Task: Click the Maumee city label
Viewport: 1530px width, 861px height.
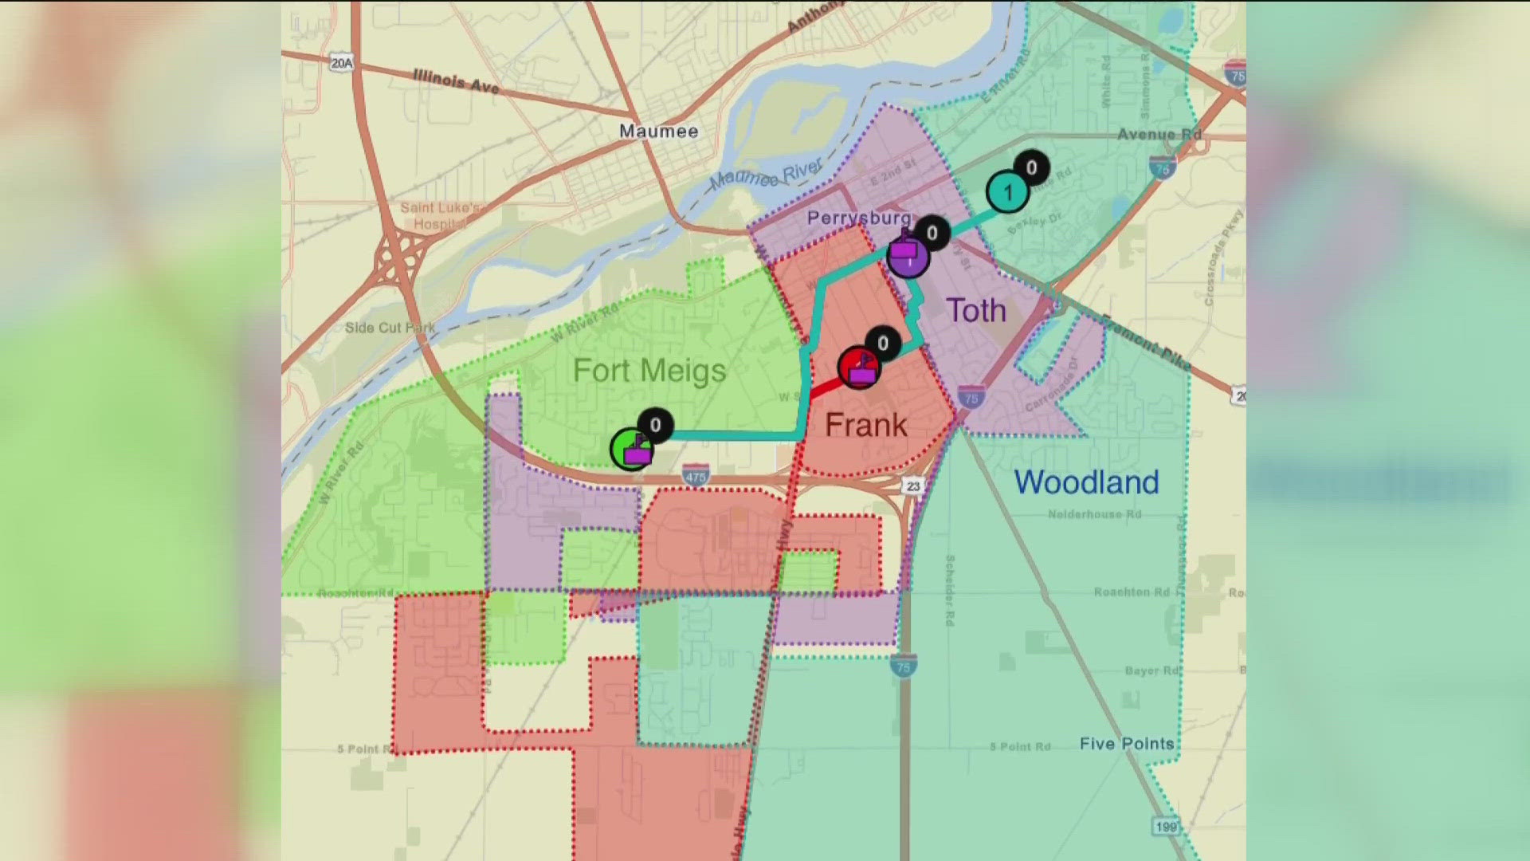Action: (658, 132)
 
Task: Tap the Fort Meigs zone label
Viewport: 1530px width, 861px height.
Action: (649, 371)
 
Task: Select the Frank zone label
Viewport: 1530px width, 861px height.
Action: (866, 425)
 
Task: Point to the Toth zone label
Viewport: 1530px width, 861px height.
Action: (976, 310)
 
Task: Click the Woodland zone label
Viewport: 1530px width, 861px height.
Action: (1086, 482)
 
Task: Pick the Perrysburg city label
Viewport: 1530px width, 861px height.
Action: (858, 218)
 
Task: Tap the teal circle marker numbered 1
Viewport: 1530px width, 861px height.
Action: (1007, 192)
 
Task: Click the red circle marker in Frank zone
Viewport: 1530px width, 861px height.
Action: (858, 368)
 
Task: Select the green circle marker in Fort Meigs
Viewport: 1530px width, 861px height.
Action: (631, 450)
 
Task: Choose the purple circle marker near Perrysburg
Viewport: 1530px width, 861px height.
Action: (908, 257)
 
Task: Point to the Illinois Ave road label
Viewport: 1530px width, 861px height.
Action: (456, 81)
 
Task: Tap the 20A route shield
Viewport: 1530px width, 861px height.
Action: (341, 63)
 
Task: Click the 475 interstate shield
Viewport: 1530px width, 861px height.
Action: (696, 476)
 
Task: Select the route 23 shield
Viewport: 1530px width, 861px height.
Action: (913, 486)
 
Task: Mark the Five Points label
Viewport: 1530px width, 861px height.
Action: (1127, 744)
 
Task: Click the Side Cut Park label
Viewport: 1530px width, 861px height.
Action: (390, 328)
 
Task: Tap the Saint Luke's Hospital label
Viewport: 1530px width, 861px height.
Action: (439, 216)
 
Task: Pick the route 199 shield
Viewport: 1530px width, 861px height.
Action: (1166, 826)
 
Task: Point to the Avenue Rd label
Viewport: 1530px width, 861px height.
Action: (1159, 134)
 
